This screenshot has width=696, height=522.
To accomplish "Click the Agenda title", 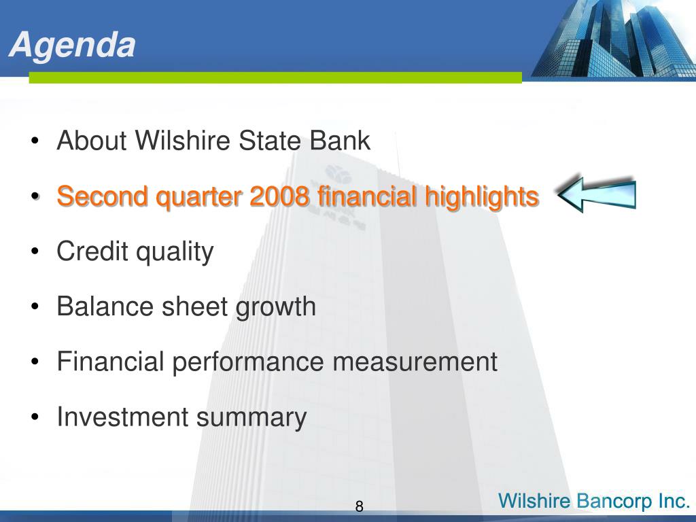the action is pos(72,46).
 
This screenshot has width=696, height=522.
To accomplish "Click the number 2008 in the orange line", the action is pos(279,196).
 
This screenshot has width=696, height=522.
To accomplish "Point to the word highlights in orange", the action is pos(482,196).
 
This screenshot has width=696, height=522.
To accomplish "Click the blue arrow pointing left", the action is pos(597,194).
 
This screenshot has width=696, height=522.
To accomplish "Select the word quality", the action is pos(175,252).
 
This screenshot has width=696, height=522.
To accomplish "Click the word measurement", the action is pos(415,362).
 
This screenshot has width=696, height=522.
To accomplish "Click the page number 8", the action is pos(359,506).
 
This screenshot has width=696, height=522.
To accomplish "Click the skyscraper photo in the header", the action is pos(614,39).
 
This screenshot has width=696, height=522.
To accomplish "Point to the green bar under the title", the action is pos(275,77).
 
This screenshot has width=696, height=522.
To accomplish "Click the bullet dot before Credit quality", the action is pos(35,251).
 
